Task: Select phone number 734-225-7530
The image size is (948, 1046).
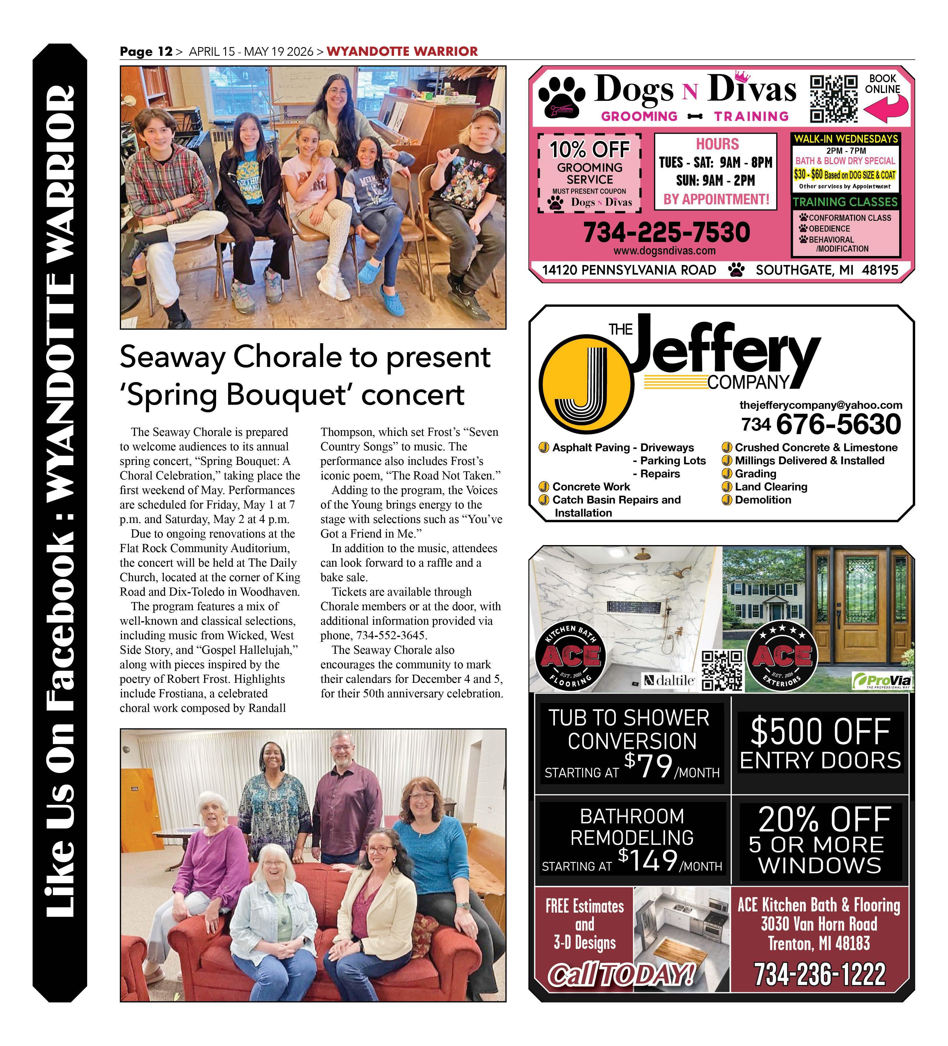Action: pos(666,232)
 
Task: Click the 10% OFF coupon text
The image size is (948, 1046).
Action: pos(589,149)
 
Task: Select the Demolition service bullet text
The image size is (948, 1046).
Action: pos(763,500)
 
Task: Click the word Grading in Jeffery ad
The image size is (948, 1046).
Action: pos(755,474)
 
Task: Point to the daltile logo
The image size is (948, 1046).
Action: pos(670,680)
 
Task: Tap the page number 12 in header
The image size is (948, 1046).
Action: pos(165,51)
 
